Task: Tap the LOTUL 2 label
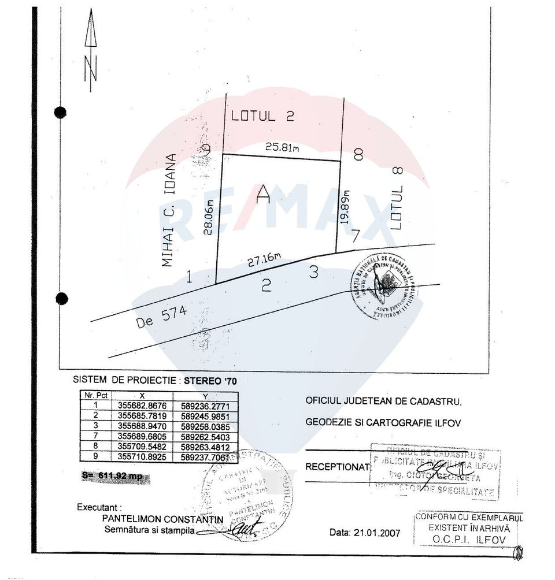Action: click(x=262, y=116)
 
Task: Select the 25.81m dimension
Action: click(x=282, y=147)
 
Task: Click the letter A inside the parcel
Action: click(x=264, y=194)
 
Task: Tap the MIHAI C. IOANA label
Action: click(x=168, y=210)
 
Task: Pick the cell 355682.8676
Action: click(x=142, y=405)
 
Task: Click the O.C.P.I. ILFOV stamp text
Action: click(x=469, y=539)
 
